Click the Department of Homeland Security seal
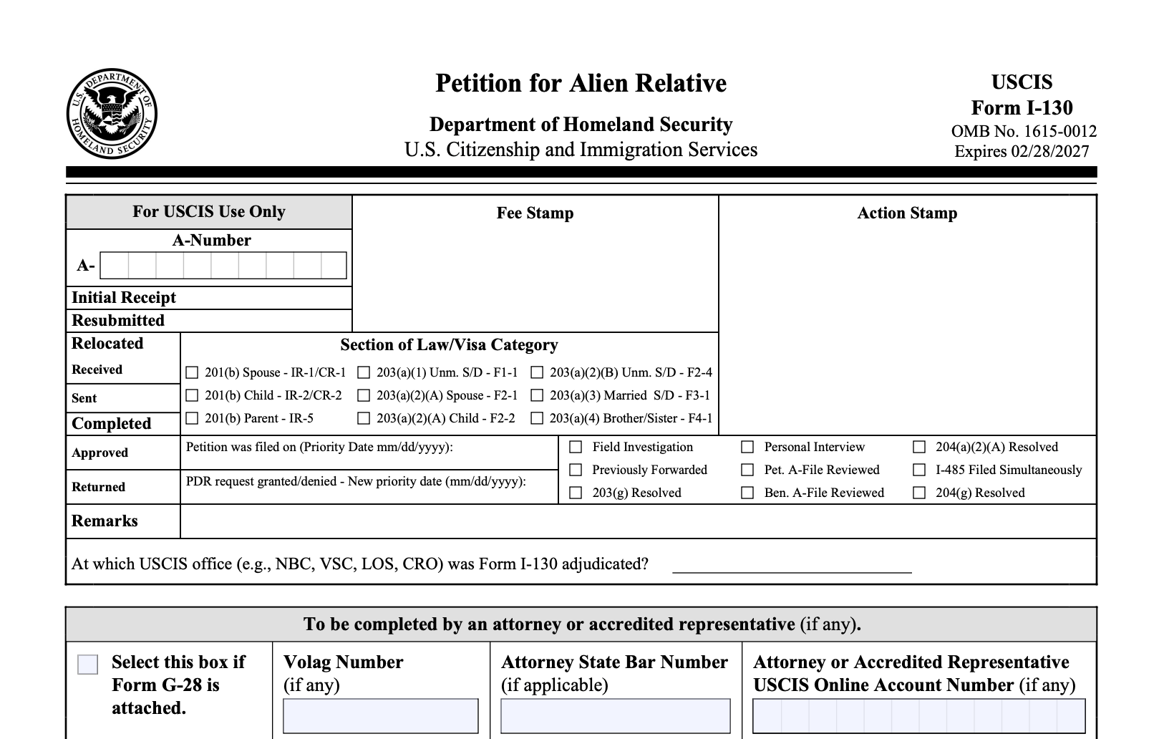(112, 115)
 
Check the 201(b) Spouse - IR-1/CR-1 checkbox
(192, 372)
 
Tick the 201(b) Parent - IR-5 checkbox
(192, 418)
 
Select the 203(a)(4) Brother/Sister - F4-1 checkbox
(537, 418)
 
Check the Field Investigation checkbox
(576, 447)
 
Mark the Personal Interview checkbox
(747, 447)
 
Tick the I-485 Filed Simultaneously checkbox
(919, 470)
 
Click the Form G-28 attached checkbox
(87, 665)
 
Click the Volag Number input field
(381, 716)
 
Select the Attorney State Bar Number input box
(616, 716)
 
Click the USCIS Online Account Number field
(919, 716)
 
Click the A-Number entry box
(223, 266)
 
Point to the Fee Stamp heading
(535, 213)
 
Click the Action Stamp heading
(907, 213)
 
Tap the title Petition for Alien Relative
(581, 84)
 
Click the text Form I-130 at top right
(1022, 108)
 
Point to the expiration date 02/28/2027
(1049, 152)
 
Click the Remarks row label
(105, 521)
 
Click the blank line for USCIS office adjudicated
(792, 566)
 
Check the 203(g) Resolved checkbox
(576, 493)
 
